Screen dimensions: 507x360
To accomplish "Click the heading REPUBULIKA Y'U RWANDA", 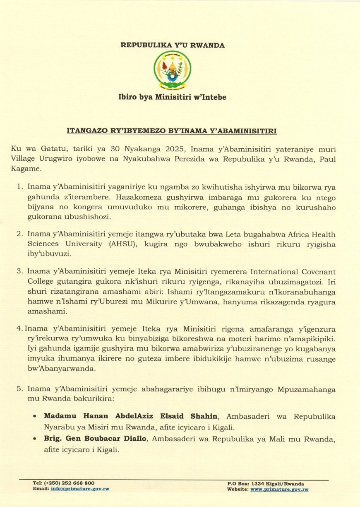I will click(173, 45).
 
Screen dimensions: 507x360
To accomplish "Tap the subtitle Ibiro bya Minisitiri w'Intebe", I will click(173, 97).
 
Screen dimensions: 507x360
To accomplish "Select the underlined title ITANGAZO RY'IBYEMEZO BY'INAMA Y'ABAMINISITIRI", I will click(172, 131).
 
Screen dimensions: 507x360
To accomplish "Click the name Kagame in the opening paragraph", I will click(26, 169).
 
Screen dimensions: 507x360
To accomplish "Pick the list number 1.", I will click(19, 187).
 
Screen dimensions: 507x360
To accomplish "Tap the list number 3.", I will click(19, 271).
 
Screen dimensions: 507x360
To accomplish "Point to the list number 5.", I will click(19, 389).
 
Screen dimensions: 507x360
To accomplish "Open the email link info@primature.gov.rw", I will click(80, 489).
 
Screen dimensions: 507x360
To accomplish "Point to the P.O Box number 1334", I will click(257, 483).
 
